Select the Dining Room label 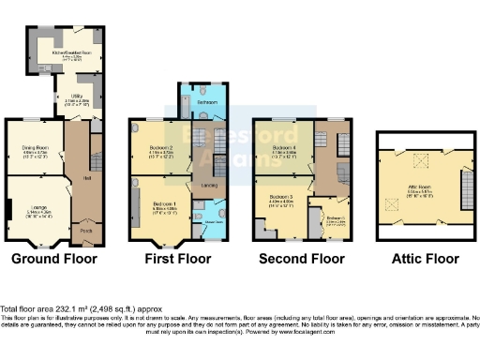click(x=35, y=146)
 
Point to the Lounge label click(x=35, y=197)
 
